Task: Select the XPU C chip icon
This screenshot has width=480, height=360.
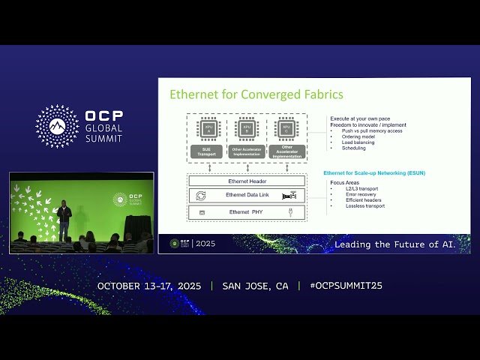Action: click(286, 127)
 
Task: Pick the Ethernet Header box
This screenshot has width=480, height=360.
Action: click(247, 181)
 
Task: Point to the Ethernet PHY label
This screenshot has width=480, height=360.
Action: click(247, 212)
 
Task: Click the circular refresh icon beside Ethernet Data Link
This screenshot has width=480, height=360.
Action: click(201, 196)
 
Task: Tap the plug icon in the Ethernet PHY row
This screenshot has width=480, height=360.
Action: click(289, 212)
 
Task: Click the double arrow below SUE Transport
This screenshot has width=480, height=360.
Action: click(209, 166)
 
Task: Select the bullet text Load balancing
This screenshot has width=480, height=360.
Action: click(358, 142)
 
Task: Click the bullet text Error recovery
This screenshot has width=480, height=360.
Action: click(357, 193)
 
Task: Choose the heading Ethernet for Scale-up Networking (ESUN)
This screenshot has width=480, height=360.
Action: click(374, 172)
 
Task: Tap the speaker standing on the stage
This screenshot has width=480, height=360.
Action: click(64, 219)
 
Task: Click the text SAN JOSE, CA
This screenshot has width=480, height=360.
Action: click(255, 286)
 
